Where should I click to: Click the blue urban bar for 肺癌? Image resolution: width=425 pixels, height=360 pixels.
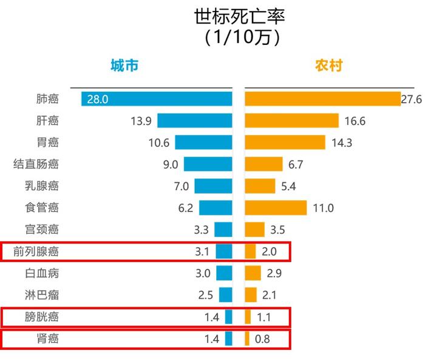coord(157,98)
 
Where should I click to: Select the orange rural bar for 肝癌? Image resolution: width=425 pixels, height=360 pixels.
coord(291,120)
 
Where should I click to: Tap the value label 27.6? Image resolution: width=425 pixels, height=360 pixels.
coord(411,98)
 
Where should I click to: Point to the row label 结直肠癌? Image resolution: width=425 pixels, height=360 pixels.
coord(36,164)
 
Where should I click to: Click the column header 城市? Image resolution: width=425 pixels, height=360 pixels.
coord(124,66)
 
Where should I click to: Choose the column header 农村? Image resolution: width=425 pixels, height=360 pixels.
coord(328,66)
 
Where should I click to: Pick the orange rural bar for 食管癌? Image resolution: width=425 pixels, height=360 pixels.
coord(276,208)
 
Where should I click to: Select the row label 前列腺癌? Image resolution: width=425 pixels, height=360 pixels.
coord(36,251)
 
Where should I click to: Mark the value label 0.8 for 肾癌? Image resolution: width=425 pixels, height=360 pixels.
coord(263,339)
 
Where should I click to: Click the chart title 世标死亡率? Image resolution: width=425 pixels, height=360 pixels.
coord(239,16)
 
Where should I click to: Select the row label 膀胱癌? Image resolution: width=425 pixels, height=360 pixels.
coord(41,317)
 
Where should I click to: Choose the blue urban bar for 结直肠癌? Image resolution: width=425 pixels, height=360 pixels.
coord(208,164)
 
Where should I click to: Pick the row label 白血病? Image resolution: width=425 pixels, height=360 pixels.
coord(41,273)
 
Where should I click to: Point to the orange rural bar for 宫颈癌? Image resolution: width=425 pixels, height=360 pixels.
coord(254,229)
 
